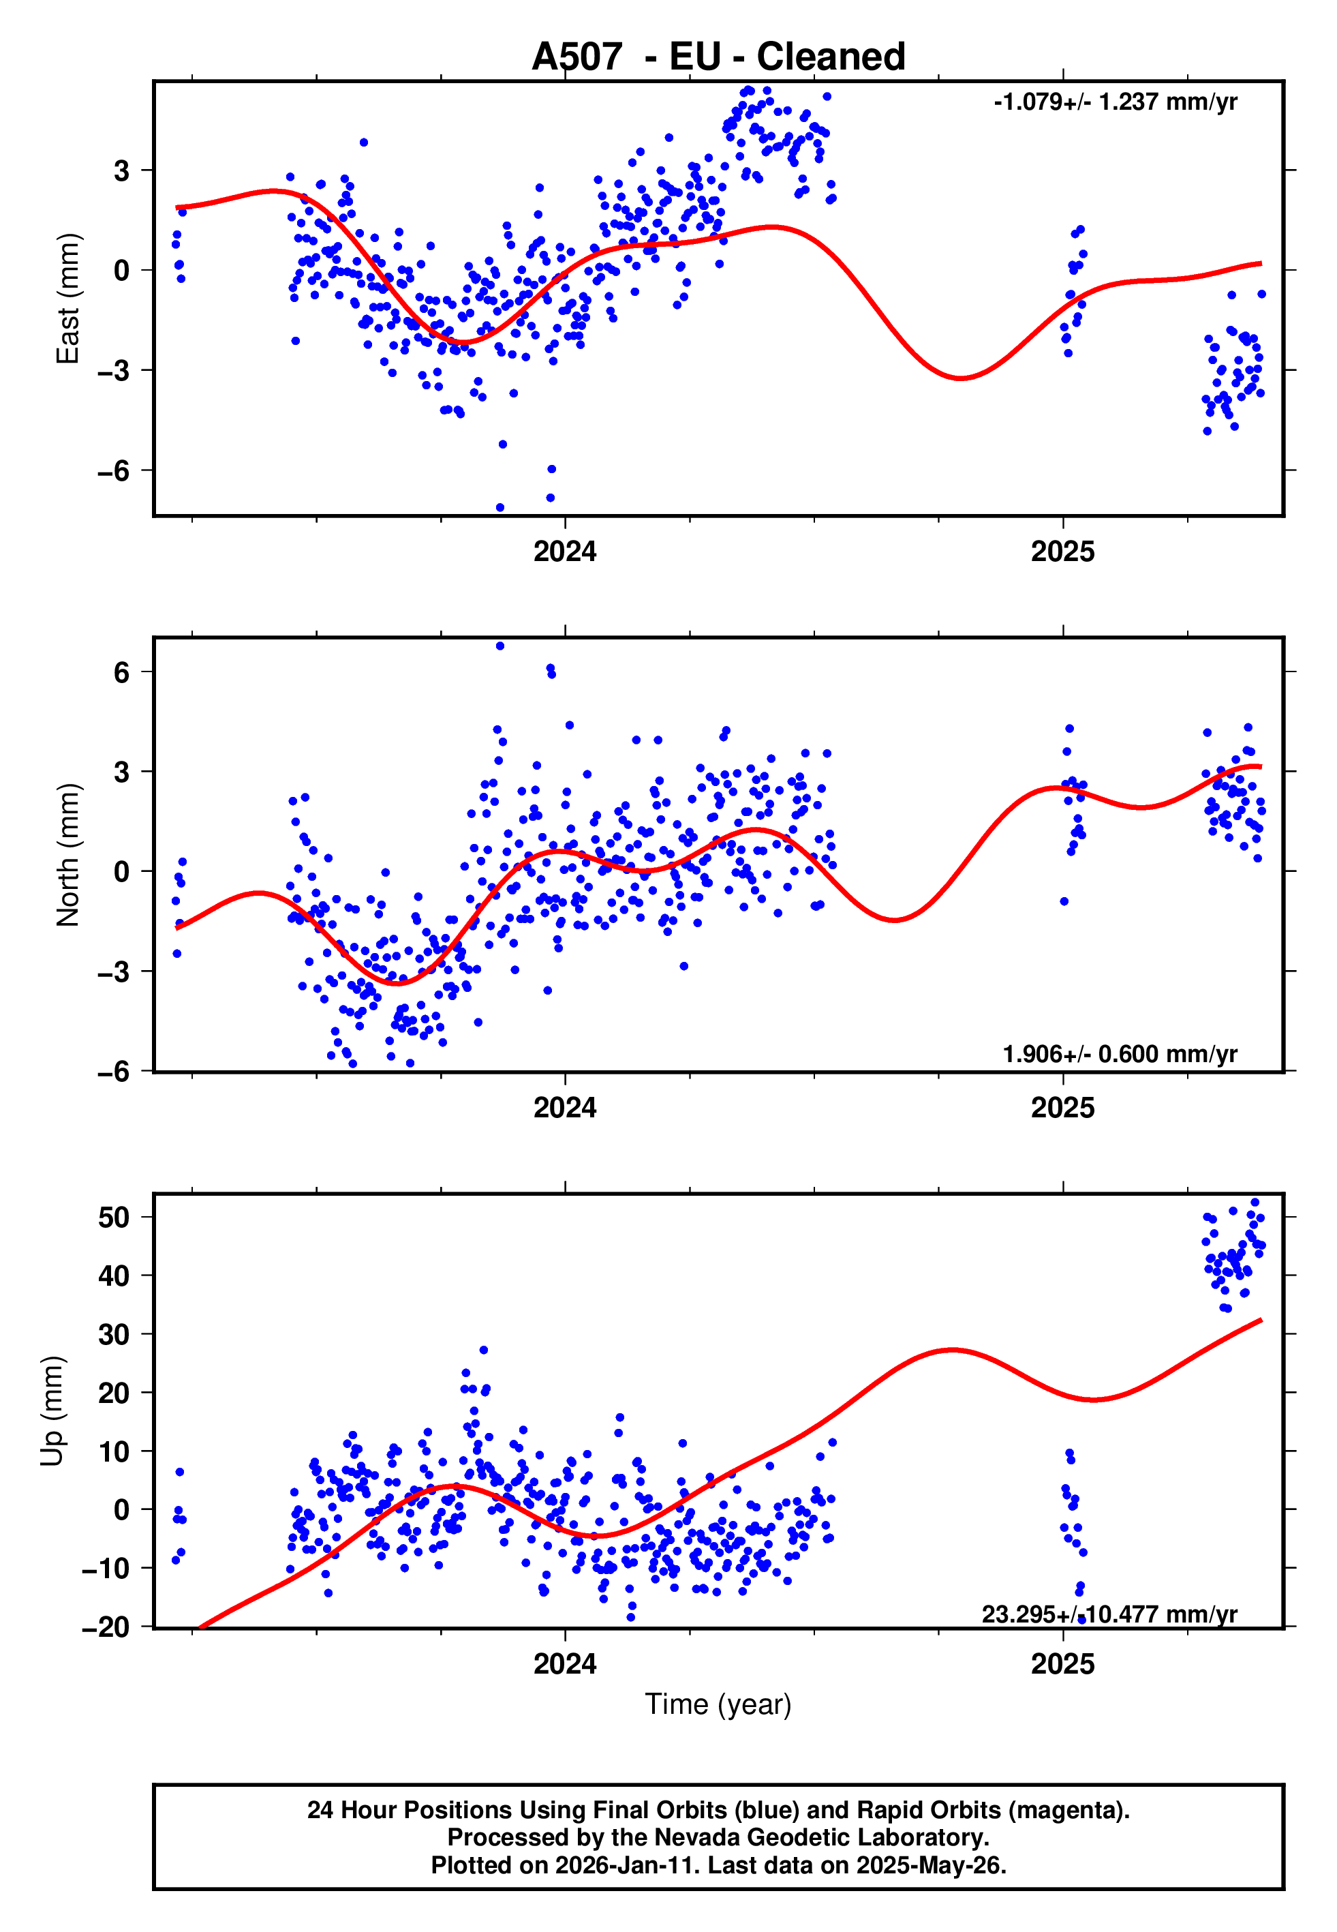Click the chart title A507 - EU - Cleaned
click(x=718, y=57)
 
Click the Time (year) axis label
click(x=718, y=1704)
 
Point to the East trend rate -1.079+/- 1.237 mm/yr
click(x=1115, y=102)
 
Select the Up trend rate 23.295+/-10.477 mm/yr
click(x=1109, y=1614)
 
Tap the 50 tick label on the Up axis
click(x=114, y=1218)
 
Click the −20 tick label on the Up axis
click(x=106, y=1627)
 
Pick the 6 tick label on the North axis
click(x=122, y=672)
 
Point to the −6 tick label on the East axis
click(x=114, y=471)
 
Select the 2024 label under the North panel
click(x=565, y=1108)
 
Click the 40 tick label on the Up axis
click(x=114, y=1276)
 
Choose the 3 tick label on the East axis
click(x=122, y=171)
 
